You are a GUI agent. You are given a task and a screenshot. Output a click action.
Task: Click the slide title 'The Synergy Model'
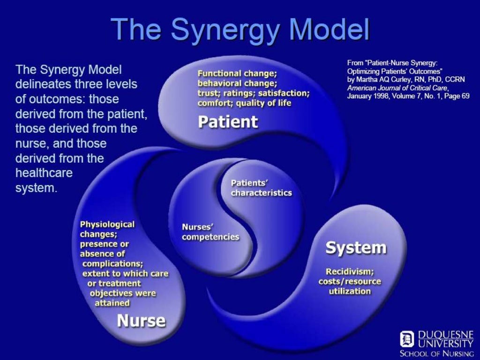[x=240, y=29]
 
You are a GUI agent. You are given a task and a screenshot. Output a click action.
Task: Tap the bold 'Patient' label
[x=228, y=122]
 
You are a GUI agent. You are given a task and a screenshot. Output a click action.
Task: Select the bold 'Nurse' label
[x=141, y=321]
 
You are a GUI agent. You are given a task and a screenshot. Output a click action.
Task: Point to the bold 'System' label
[x=356, y=247]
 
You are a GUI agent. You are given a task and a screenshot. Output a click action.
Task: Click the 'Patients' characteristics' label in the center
[x=261, y=187]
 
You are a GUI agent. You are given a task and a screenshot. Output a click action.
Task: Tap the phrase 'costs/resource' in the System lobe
[x=350, y=281]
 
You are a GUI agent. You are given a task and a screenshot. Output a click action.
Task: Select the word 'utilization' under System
[x=350, y=291]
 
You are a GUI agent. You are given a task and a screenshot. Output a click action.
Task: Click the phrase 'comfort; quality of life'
[x=244, y=103]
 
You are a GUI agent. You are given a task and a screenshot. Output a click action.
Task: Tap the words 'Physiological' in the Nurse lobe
[x=107, y=225]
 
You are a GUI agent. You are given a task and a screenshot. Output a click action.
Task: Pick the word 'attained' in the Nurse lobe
[x=112, y=303]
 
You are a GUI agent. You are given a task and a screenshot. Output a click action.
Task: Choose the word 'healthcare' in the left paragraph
[x=44, y=172]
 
